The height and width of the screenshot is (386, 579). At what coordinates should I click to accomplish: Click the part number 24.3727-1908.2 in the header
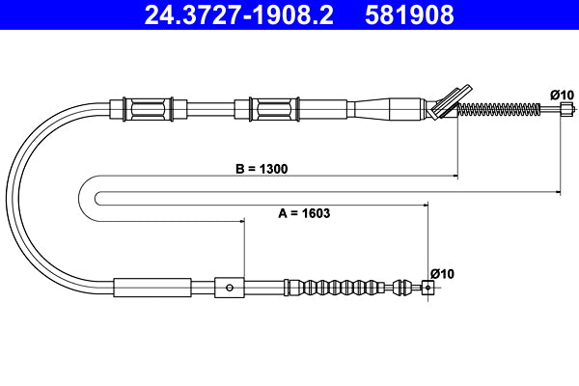coord(241,15)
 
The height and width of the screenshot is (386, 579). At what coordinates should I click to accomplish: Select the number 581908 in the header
coord(408,15)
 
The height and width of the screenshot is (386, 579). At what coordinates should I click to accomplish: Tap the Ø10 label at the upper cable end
coord(562,94)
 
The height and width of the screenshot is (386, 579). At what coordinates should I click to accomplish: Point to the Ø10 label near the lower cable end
coord(441,273)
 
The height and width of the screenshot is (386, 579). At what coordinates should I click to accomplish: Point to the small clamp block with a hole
coord(228,287)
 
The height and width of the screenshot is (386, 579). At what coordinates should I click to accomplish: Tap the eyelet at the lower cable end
coord(428,286)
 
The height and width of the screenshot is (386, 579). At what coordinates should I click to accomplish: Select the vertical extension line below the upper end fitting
coord(561,154)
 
